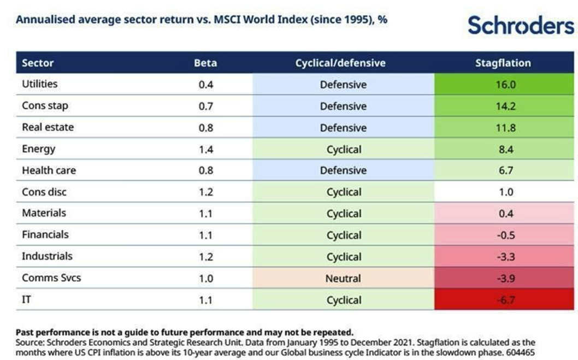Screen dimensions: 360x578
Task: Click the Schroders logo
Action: point(521,25)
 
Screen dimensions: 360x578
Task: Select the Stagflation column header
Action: point(503,63)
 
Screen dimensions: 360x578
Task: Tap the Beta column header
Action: point(205,63)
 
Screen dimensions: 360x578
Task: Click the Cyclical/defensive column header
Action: point(340,63)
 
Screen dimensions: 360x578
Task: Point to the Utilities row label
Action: point(39,84)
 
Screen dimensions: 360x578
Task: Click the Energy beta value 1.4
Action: point(205,149)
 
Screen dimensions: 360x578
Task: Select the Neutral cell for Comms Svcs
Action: point(343,279)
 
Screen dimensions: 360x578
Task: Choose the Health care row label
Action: point(49,170)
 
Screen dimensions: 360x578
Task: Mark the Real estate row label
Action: point(48,127)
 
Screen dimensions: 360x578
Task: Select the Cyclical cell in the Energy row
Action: point(344,149)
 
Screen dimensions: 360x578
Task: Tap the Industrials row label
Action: point(47,256)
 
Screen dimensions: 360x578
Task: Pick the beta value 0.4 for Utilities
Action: point(205,85)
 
